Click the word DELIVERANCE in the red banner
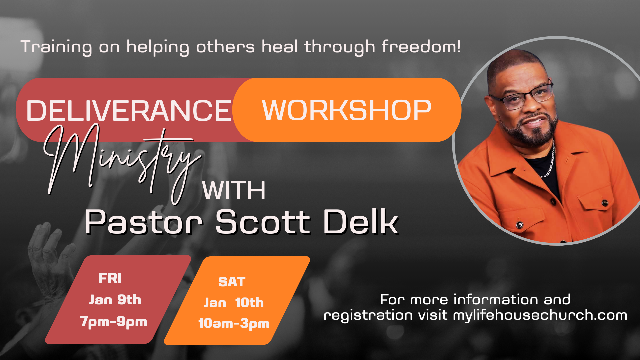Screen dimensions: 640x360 [x=129, y=111]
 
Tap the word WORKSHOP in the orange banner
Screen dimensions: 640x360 [x=347, y=110]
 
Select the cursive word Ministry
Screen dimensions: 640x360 [x=122, y=163]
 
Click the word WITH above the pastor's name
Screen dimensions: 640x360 [x=234, y=191]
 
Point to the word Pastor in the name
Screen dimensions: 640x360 [x=144, y=222]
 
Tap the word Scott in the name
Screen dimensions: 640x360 [x=263, y=222]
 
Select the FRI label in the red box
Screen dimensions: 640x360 [x=110, y=278]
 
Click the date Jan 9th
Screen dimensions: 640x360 [x=115, y=300]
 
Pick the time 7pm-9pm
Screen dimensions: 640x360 [x=114, y=322]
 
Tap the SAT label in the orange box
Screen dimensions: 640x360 [x=232, y=282]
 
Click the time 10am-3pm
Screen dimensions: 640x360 [x=234, y=323]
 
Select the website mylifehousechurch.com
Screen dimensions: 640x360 [x=540, y=315]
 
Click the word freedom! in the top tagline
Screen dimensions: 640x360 [x=421, y=46]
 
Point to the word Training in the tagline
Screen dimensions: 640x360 [x=56, y=47]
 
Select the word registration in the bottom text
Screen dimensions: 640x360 [x=368, y=315]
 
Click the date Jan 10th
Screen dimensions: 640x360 [x=234, y=303]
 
